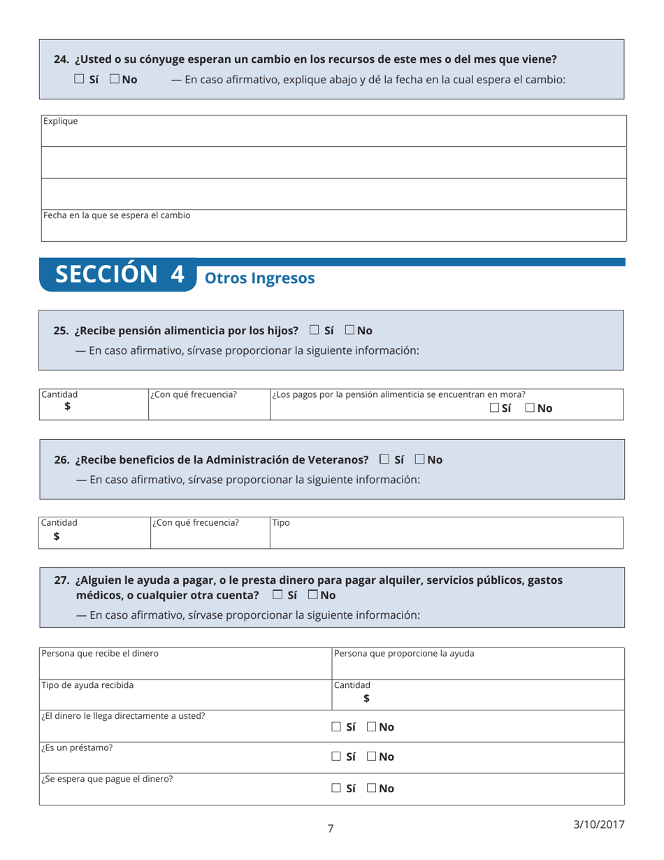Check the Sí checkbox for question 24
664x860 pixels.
79,80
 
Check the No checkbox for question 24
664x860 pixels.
114,80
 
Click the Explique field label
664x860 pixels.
61,121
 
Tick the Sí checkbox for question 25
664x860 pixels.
315,330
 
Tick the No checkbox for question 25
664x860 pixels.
349,330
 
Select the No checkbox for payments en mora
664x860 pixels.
531,408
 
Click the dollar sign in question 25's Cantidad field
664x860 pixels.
68,407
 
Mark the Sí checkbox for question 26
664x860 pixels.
384,460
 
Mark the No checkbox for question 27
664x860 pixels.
312,596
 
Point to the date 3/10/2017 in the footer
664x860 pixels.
598,823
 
